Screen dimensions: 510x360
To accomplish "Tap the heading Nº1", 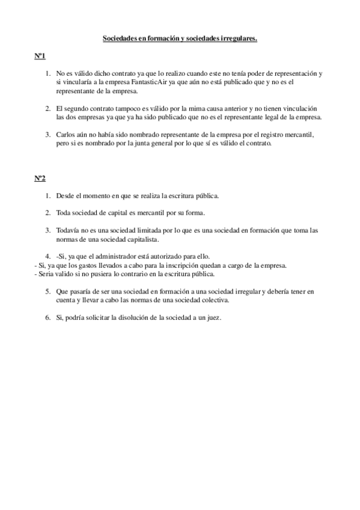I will coord(40,57).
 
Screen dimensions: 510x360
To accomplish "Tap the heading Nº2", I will coord(40,179).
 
